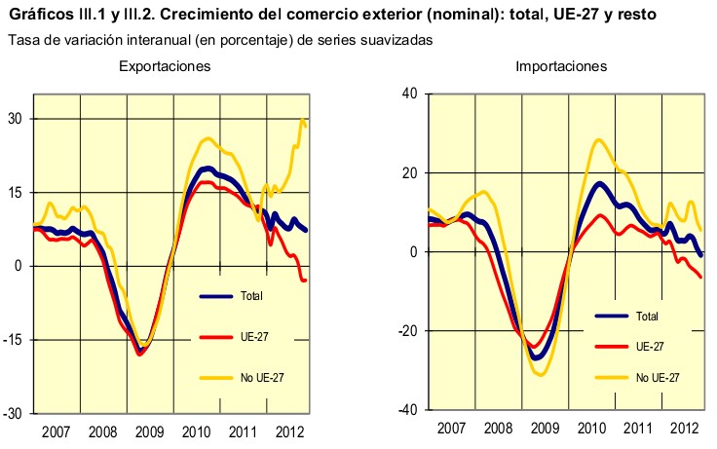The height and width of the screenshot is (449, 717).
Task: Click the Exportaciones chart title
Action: coord(165,66)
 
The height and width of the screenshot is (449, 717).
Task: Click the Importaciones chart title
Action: coord(562,66)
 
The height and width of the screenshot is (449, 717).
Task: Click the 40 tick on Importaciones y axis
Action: coord(409,94)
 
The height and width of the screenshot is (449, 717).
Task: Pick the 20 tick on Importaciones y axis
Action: coord(409,172)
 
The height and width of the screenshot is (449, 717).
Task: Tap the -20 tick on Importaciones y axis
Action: coord(407,330)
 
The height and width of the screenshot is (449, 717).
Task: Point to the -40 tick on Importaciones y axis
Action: coord(407,409)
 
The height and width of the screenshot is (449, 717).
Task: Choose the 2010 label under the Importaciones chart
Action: coord(590,429)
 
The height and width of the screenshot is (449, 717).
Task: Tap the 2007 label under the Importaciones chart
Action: coord(452,429)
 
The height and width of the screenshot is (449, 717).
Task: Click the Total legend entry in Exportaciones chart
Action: coord(249,296)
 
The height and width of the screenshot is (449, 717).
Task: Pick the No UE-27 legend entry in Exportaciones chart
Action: coord(259,377)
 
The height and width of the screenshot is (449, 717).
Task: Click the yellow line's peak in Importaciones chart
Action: coord(598,139)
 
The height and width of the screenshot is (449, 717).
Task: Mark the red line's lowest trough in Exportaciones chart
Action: coord(140,355)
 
